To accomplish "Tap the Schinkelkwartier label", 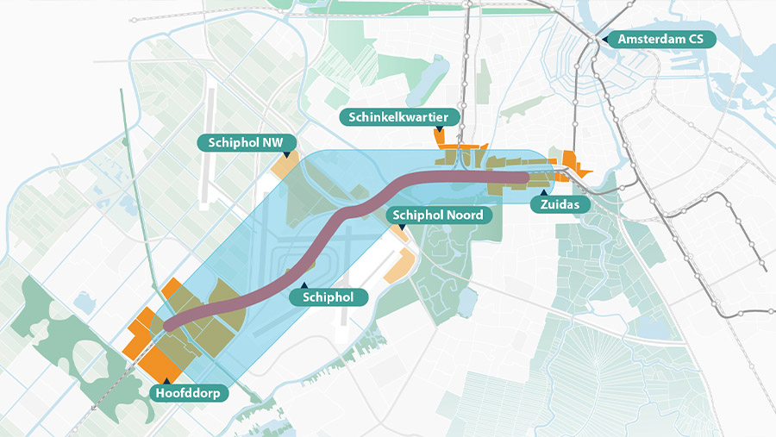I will click(x=400, y=117).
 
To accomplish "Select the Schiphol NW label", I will click(x=247, y=142).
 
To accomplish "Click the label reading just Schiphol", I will click(x=335, y=297).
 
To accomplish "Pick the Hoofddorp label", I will click(x=187, y=393).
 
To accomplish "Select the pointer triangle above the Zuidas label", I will click(x=542, y=192).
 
